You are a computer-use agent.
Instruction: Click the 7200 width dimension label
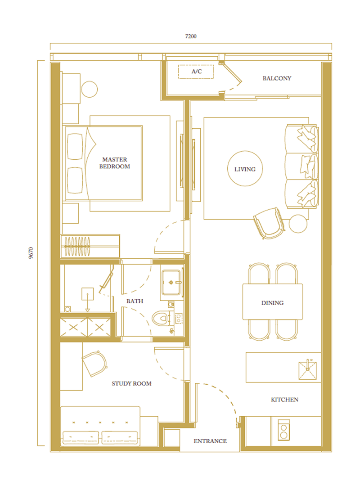point(191,36)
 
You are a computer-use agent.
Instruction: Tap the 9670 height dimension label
point(31,253)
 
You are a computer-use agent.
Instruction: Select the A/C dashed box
point(196,72)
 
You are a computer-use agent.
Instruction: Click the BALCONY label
point(277,78)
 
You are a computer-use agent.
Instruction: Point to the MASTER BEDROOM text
point(114,163)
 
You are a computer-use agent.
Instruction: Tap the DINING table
point(272,301)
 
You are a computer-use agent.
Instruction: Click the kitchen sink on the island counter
point(307,370)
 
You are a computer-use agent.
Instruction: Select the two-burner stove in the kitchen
point(283,430)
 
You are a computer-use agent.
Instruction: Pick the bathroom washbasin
point(171,283)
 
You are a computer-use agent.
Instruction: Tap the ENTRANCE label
point(210,441)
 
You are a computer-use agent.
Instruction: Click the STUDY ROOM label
point(131,383)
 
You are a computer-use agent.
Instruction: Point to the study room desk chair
point(94,364)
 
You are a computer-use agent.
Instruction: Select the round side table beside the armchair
point(298,224)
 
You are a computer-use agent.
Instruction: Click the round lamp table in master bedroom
point(89,89)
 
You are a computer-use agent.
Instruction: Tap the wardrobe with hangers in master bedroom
point(90,246)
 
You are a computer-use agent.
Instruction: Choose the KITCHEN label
point(285,400)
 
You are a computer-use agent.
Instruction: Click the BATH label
point(135,301)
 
